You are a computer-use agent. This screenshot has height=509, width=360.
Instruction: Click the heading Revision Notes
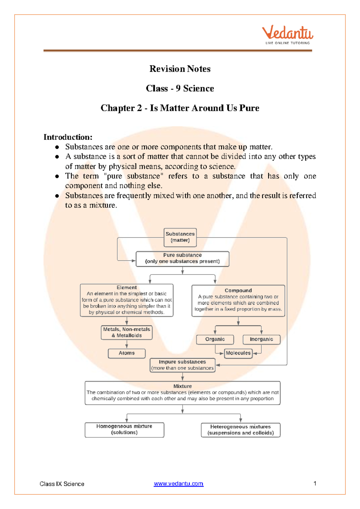[180, 69]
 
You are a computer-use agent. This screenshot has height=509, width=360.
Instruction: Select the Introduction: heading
[68, 137]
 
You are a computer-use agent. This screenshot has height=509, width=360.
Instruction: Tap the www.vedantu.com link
[178, 484]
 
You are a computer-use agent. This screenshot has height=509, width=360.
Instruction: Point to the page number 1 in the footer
[315, 483]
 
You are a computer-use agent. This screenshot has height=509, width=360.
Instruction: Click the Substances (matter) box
[180, 237]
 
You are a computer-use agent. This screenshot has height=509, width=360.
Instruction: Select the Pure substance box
[182, 259]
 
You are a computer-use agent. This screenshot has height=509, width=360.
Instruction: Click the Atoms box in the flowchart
[127, 353]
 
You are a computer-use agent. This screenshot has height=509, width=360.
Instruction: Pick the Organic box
[215, 339]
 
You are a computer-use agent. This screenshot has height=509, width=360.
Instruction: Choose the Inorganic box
[261, 339]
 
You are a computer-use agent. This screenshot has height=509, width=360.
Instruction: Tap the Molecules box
[238, 353]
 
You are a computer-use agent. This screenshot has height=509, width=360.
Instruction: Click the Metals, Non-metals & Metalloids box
[127, 333]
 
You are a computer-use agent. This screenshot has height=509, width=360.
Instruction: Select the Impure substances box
[182, 365]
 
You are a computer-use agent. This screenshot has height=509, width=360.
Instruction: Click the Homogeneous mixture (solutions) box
[124, 430]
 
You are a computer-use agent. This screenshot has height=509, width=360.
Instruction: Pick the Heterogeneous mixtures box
[241, 430]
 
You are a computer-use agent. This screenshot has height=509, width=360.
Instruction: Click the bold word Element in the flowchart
[127, 288]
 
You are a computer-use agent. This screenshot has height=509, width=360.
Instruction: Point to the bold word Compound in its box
[238, 291]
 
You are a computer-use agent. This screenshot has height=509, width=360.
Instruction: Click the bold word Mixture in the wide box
[182, 386]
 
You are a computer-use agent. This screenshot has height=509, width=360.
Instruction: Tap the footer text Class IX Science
[62, 484]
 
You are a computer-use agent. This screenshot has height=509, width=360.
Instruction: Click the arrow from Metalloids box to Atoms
[127, 344]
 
